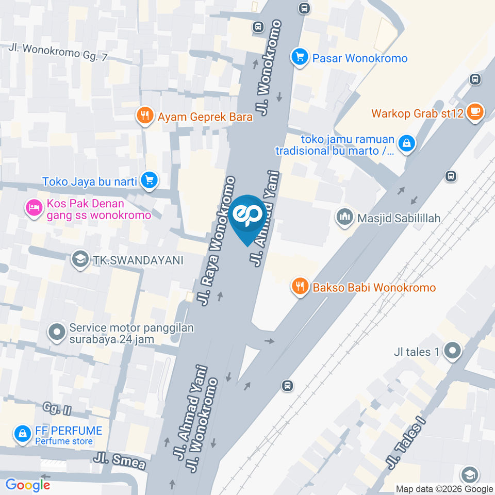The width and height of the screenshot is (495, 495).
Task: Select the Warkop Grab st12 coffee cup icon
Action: [x=474, y=111]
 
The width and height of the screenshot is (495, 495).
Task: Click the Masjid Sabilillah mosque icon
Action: [x=344, y=218]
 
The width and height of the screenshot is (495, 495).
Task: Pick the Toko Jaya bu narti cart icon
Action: [x=150, y=180]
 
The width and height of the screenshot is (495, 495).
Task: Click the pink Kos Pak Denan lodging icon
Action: [x=34, y=208]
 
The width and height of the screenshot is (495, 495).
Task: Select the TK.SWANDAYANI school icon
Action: [x=79, y=259]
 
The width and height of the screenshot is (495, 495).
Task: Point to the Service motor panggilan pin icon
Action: [x=57, y=333]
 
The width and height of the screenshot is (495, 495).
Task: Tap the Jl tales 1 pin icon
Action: [x=453, y=351]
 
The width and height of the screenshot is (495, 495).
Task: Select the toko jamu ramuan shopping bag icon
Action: [x=407, y=144]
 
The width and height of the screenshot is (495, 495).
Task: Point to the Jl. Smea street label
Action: [x=119, y=460]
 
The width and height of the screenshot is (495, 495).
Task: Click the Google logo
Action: [x=27, y=485]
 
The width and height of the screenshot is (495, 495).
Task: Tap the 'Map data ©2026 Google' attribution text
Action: [x=444, y=489]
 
